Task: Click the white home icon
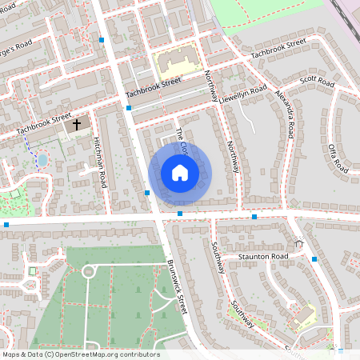pyautogui.click(x=179, y=172)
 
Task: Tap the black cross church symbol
pyautogui.click(x=78, y=125)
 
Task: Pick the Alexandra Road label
pyautogui.click(x=285, y=112)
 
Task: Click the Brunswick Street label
pyautogui.click(x=177, y=287)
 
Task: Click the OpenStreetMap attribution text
pyautogui.click(x=81, y=354)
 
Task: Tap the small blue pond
pyautogui.click(x=42, y=160)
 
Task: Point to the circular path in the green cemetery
pyautogui.click(x=88, y=272)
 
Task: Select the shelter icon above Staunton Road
pyautogui.click(x=299, y=243)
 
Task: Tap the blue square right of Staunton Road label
pyautogui.click(x=314, y=259)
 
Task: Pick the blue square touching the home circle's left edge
pyautogui.click(x=149, y=192)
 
